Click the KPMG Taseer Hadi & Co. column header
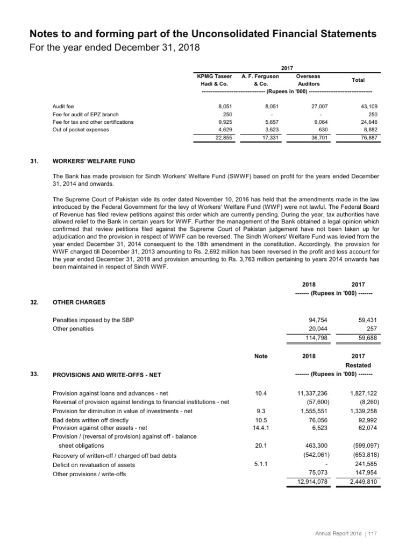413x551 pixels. (215, 80)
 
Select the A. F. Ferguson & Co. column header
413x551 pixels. (260, 80)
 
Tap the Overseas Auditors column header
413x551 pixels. (308, 80)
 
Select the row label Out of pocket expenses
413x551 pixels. (81, 130)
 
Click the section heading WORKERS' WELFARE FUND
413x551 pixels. (94, 161)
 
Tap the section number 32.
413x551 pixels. (35, 302)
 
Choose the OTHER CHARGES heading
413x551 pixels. (79, 302)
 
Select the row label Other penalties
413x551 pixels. (73, 329)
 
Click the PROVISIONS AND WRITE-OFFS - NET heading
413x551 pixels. (107, 375)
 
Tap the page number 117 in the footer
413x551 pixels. (372, 533)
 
